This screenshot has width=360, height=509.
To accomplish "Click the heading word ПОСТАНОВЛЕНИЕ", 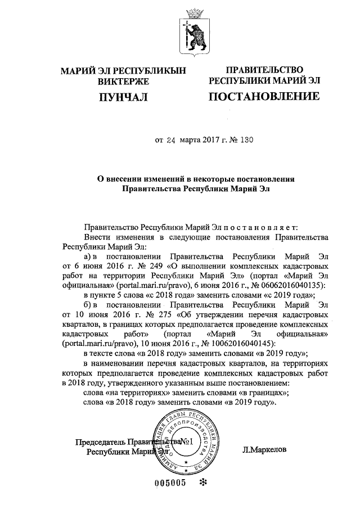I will coord(264,97).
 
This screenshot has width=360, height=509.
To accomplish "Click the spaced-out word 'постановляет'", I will coord(264,228).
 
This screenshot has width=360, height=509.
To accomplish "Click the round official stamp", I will coord(191,441).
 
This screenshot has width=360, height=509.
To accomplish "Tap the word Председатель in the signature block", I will coord(101,442).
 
